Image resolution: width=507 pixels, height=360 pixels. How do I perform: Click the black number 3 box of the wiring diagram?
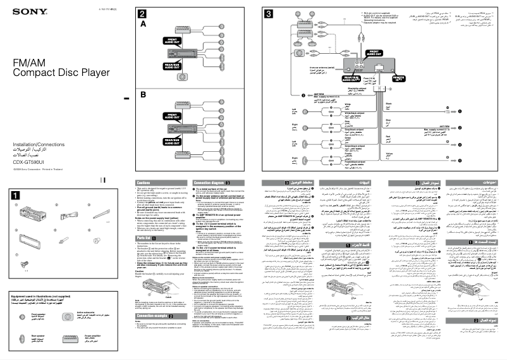tap(269, 13)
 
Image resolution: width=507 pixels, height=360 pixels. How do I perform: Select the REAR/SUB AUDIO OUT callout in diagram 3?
tap(350, 79)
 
